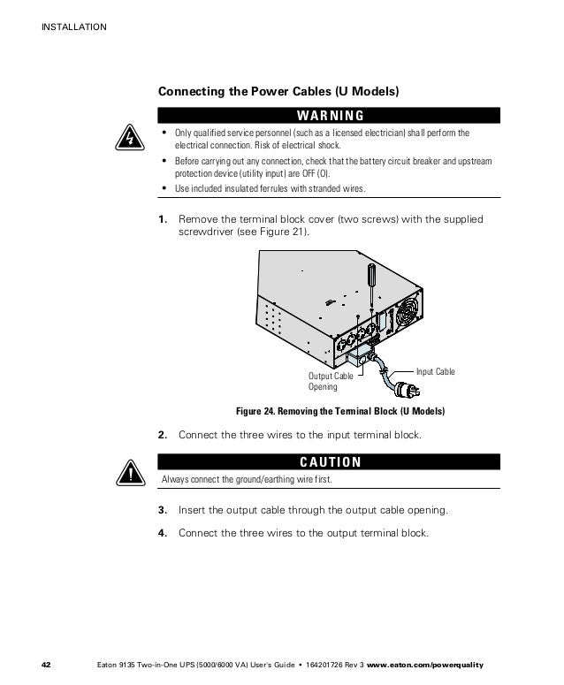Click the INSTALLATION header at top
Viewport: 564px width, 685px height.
pos(73,27)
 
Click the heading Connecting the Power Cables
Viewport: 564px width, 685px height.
pos(278,91)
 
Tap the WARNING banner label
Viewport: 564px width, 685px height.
pos(330,115)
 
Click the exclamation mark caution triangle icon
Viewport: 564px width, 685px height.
pos(129,473)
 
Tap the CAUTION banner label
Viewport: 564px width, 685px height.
pos(330,461)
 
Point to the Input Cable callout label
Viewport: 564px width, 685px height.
pos(435,372)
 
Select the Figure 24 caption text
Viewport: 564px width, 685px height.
pos(339,413)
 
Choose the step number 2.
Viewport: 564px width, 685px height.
pos(163,435)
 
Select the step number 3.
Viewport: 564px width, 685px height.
pos(163,510)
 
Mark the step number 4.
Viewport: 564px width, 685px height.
pos(163,533)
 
